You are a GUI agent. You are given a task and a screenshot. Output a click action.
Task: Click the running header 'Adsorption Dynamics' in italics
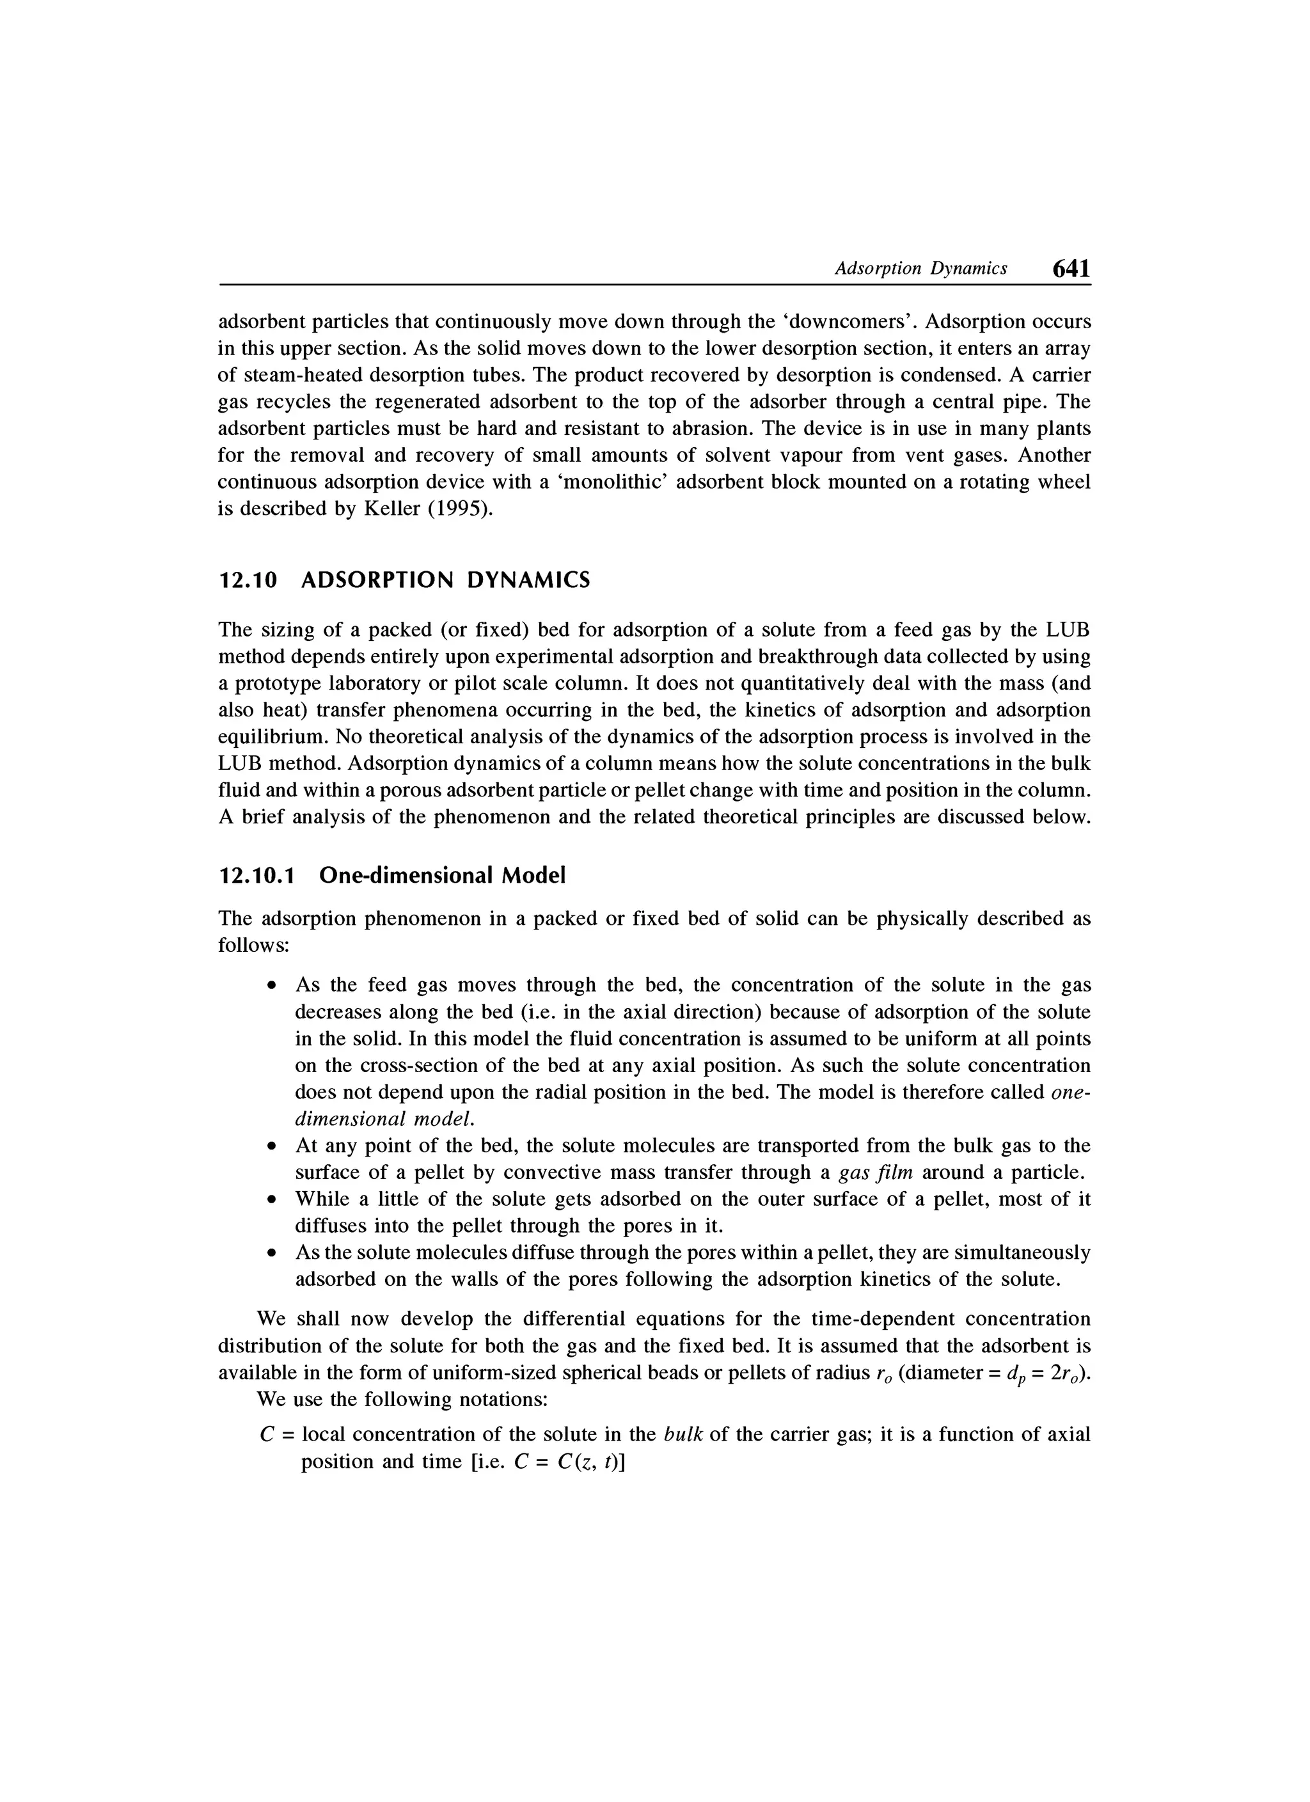(920, 269)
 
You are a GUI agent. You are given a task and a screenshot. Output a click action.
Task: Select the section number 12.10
(249, 581)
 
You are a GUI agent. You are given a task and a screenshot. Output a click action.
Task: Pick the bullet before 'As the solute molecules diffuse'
(272, 1254)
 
